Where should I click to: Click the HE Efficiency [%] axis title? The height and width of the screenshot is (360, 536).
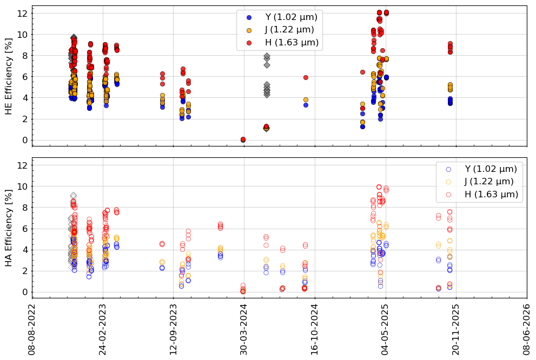click(9, 76)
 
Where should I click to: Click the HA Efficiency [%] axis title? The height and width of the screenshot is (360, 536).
click(9, 228)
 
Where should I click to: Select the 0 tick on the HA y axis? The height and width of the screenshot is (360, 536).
click(24, 292)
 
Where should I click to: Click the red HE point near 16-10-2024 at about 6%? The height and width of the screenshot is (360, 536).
click(306, 77)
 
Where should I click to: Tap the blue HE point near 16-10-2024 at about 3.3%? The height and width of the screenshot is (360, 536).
click(306, 105)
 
